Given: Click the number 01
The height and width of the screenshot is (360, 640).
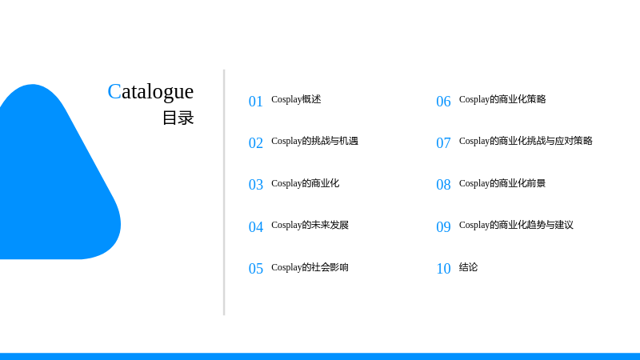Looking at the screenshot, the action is [x=255, y=102].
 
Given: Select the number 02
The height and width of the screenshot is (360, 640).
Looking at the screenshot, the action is [x=255, y=143].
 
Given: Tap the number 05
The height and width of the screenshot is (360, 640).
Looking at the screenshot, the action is [x=255, y=269].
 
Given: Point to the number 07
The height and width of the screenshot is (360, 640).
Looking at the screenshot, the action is [x=443, y=143].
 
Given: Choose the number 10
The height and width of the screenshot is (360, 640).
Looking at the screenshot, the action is [x=443, y=269].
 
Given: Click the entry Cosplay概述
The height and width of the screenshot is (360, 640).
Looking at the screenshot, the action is [x=296, y=99].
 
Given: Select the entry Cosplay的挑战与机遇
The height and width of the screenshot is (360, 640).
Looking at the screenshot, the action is [x=314, y=141].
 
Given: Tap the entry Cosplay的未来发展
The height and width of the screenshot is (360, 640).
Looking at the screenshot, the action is [x=310, y=225].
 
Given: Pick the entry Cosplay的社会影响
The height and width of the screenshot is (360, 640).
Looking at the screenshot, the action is [x=310, y=267].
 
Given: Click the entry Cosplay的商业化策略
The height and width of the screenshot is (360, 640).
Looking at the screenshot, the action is [x=502, y=99].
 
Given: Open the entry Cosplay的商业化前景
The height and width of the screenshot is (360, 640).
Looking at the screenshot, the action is [x=502, y=183].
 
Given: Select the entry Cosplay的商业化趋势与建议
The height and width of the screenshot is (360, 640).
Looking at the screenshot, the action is [x=516, y=225].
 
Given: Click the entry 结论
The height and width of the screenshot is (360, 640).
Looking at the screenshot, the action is [x=468, y=267].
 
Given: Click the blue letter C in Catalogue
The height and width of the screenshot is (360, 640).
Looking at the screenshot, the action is [x=114, y=91].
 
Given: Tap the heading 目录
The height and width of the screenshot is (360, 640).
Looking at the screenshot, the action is [x=178, y=118].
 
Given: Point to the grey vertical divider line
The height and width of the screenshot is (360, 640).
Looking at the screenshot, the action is [x=224, y=192].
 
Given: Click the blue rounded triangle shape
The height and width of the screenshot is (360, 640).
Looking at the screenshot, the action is [x=53, y=184].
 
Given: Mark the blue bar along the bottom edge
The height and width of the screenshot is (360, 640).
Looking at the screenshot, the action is [x=320, y=356].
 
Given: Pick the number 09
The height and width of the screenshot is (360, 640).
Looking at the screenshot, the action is [x=443, y=227].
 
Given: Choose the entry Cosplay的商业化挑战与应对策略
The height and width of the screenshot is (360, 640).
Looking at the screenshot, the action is [x=526, y=141].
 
